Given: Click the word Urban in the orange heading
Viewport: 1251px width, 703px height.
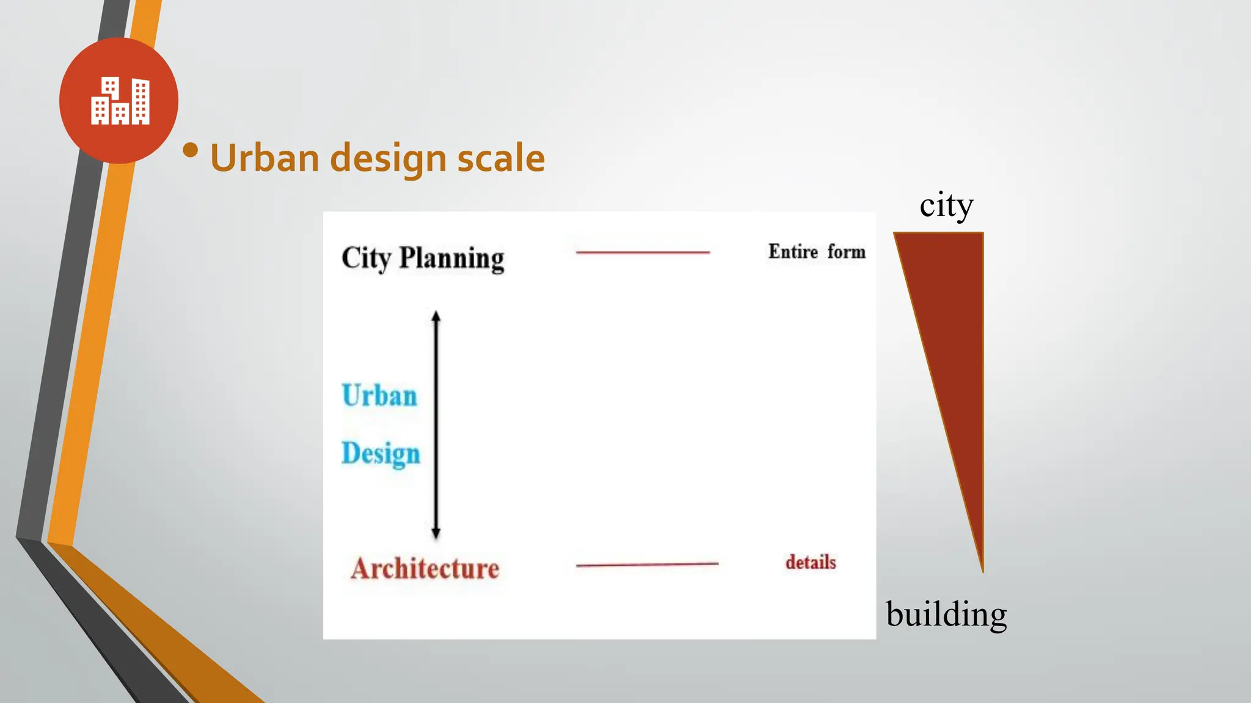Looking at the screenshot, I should pos(265,158).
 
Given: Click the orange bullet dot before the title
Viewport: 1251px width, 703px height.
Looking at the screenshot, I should pos(191,150).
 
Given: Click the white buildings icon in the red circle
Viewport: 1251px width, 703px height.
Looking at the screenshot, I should pos(120,101).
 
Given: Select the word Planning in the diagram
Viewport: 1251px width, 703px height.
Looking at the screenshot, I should pos(451,258).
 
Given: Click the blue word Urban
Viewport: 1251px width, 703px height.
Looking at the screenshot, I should pos(379,395).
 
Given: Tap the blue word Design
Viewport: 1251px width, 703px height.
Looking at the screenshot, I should pos(381,454).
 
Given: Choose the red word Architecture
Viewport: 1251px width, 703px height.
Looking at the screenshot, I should pos(425,569).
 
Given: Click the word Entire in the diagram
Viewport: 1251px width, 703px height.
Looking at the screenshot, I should pos(793,251).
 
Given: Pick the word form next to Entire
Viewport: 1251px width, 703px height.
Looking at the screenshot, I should pos(847,251).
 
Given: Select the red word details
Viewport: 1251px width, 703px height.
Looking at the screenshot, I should pos(811,562).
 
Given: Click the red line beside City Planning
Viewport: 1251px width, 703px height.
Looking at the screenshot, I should pos(643,252).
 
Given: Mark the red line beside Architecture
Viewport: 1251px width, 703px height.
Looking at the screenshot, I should pos(647,565).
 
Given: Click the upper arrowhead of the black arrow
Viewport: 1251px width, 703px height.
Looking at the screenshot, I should pos(436,317).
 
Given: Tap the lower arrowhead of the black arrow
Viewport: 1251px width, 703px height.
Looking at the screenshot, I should pos(436,533).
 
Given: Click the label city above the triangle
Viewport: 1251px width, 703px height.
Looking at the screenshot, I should pos(946,206).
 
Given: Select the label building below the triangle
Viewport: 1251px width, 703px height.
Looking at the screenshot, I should pos(946,614).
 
